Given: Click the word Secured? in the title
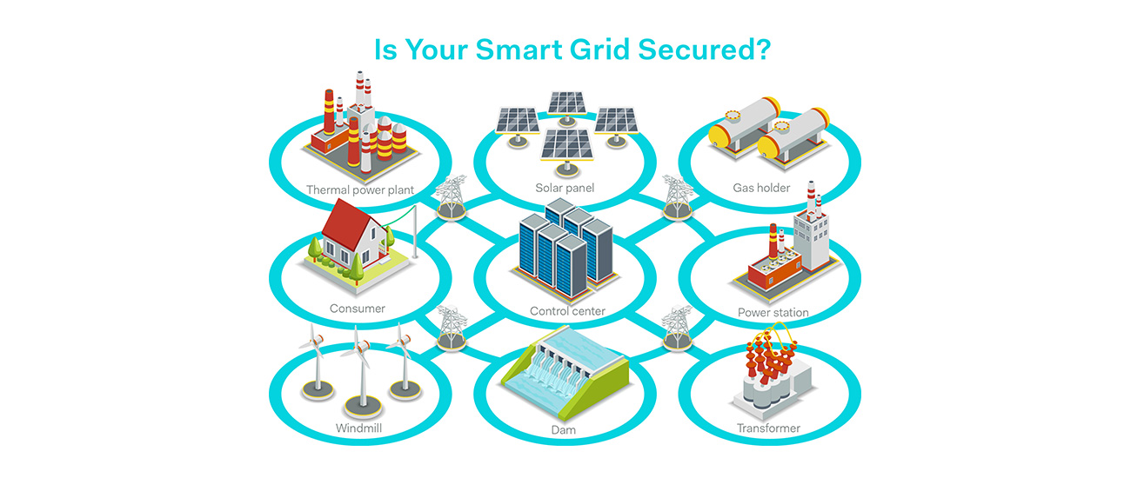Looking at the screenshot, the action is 705,50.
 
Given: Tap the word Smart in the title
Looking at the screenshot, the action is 519,50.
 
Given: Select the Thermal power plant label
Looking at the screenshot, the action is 360,190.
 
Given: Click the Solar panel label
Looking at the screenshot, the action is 565,188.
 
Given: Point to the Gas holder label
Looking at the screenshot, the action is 761,188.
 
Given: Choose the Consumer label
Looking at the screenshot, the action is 358,309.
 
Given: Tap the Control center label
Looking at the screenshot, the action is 567,311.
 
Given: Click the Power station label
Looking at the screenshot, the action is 773,313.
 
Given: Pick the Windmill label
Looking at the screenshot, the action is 359,428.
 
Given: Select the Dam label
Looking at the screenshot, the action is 564,430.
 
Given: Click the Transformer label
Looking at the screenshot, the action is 768,428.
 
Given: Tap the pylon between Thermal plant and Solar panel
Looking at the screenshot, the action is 451,197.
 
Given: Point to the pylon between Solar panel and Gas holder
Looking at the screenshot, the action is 678,197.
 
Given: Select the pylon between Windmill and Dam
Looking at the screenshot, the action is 452,328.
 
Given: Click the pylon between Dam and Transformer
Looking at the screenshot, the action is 677,328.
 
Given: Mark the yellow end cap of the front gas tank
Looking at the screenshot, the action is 767,147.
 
